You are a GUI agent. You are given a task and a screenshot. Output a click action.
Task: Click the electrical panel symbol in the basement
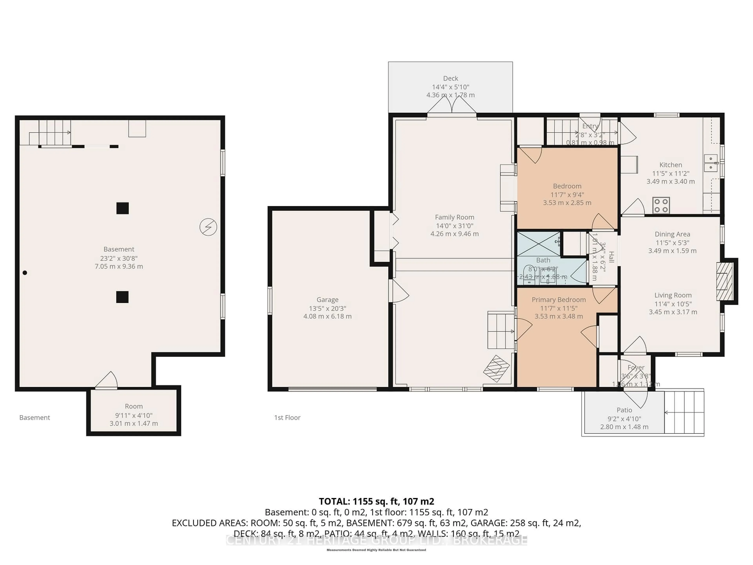tap(208, 227)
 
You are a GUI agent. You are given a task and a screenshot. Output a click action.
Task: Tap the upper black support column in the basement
tap(123, 208)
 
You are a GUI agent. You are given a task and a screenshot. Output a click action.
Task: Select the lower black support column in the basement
tap(122, 297)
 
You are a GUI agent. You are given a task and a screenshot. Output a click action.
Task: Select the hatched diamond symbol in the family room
tap(496, 368)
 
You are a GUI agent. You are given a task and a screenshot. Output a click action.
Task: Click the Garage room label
tap(327, 300)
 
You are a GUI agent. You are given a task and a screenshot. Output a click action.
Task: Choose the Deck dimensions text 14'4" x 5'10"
tap(450, 87)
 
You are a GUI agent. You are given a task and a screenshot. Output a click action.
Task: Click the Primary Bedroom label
tap(559, 300)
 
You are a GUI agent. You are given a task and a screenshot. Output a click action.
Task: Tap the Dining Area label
tap(672, 234)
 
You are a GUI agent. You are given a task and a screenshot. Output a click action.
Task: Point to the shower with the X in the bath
tap(538, 244)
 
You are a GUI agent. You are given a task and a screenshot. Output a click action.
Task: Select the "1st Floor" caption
tap(287, 417)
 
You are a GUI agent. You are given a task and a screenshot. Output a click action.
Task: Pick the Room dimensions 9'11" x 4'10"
tap(134, 416)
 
